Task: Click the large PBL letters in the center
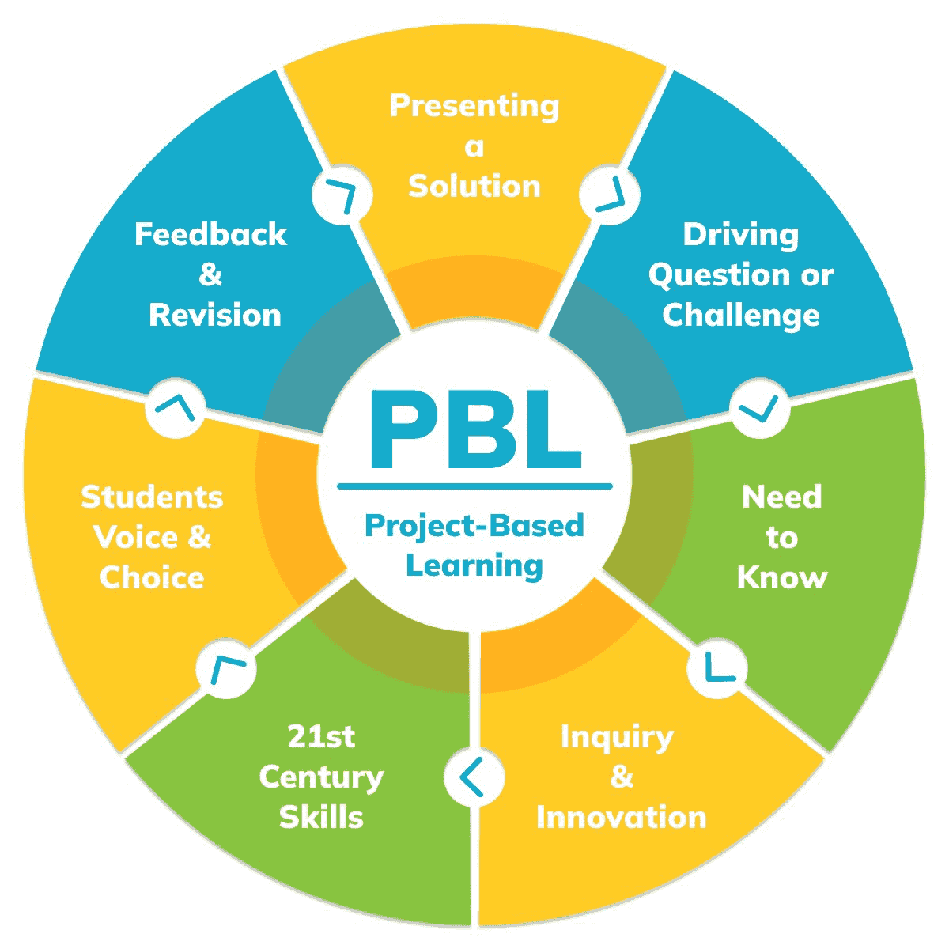coord(475,431)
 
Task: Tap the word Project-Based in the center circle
coord(475,526)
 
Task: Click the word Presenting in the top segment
coord(475,106)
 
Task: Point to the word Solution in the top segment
coord(475,187)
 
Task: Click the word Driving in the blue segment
coord(741,235)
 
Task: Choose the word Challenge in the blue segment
coord(741,316)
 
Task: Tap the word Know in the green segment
coord(782,578)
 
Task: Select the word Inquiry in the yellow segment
coord(617,737)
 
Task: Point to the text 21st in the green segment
coord(321,737)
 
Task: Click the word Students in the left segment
coord(152,497)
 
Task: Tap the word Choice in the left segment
coord(152,578)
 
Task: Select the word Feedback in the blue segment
coord(211,235)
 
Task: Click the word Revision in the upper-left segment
coord(215,316)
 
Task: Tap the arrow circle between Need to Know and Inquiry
coord(716,669)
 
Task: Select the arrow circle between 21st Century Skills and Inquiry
coord(474,777)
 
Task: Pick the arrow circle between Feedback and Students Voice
coord(176,407)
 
